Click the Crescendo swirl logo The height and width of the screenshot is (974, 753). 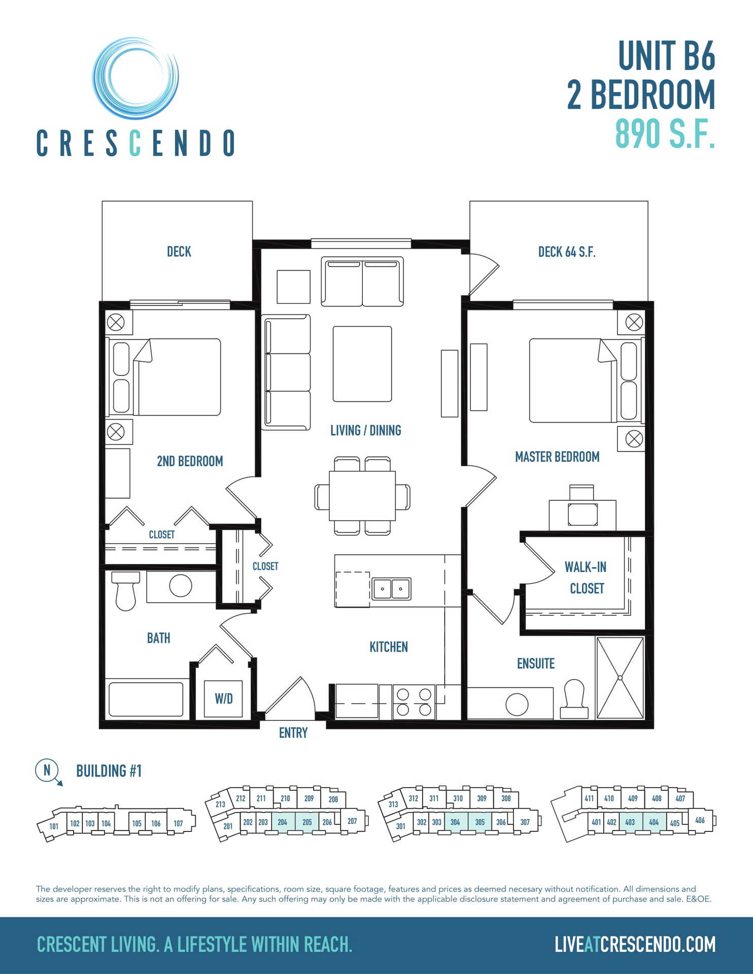(135, 78)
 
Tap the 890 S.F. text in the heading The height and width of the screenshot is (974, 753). (665, 133)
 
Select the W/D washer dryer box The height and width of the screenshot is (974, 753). (223, 699)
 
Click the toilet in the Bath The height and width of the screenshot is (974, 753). (125, 590)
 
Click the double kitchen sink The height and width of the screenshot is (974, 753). (391, 589)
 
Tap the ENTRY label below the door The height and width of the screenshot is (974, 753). (293, 733)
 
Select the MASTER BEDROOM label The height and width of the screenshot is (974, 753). (557, 457)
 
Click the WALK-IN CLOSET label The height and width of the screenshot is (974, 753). (586, 578)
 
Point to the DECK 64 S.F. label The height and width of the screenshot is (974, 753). (567, 252)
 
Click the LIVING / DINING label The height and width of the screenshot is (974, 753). (365, 431)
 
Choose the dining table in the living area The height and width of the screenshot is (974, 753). (362, 496)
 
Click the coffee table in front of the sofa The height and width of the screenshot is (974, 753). (362, 364)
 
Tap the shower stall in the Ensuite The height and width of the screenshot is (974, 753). (620, 678)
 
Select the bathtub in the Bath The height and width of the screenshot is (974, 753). (146, 700)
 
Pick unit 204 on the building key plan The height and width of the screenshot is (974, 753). (283, 822)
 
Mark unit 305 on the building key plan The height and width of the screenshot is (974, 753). (480, 822)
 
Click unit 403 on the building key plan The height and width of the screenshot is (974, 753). (630, 822)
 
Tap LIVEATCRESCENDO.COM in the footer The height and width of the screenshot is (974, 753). (635, 945)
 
